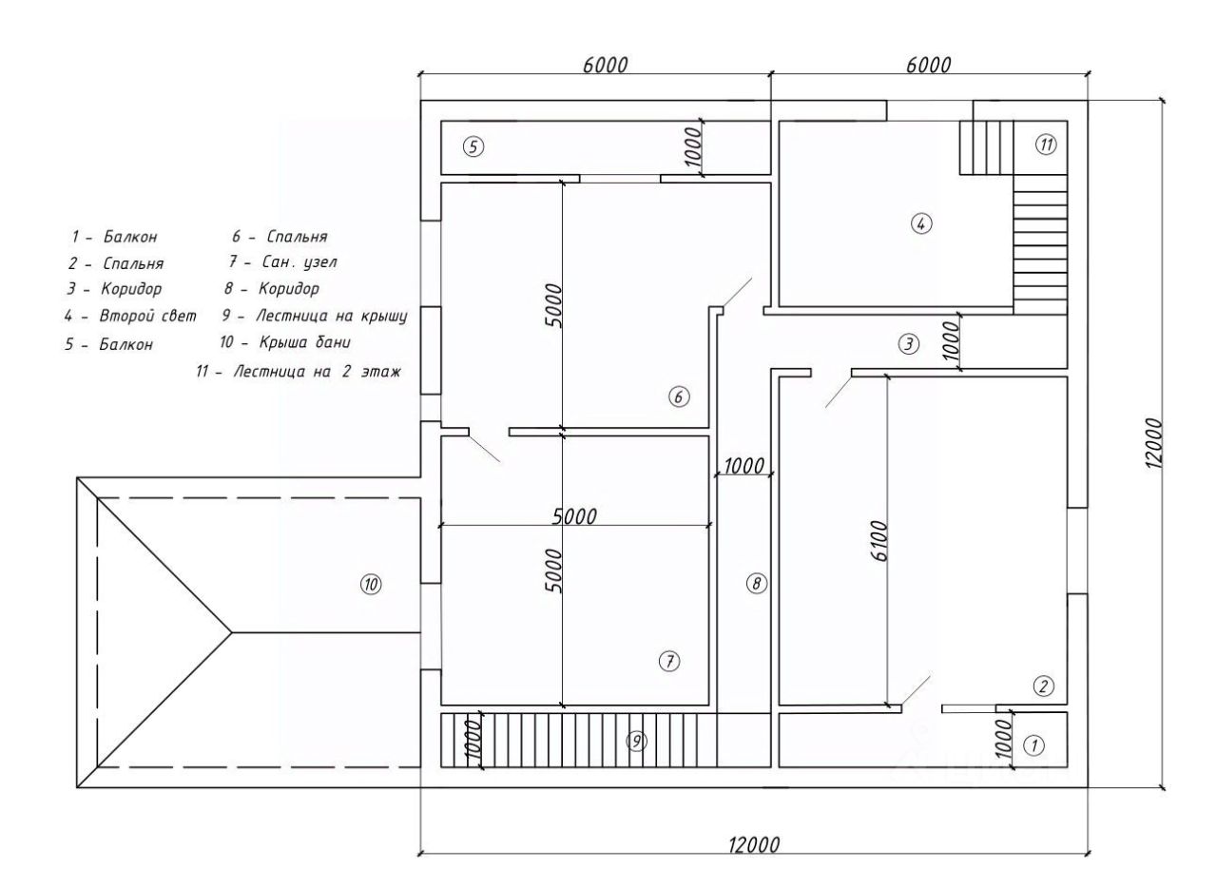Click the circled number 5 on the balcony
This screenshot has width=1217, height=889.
473,146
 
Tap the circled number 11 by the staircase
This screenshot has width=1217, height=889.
1046,145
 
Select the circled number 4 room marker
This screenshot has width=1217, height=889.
921,223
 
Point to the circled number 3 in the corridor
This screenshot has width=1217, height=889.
909,343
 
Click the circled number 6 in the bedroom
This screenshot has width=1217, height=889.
679,397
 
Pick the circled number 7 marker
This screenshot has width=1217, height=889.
669,662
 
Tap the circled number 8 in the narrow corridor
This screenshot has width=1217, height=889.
756,584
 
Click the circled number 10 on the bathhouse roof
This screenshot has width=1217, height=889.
371,585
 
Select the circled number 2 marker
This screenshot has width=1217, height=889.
1043,686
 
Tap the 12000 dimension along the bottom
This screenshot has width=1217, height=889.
754,845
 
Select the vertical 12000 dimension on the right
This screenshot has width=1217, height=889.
1153,443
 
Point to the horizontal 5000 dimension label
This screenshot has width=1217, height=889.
574,517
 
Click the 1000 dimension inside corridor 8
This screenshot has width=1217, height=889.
744,466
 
